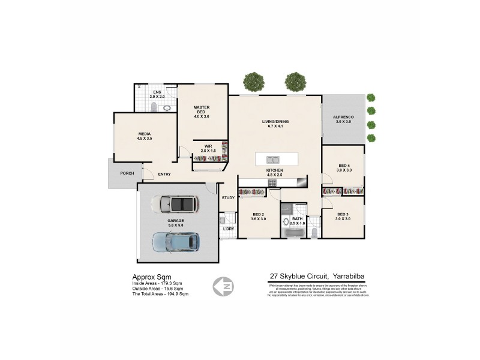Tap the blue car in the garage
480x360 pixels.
175,242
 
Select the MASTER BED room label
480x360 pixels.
201,108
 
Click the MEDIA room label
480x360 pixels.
144,134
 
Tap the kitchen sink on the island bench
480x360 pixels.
272,160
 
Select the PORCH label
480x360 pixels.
127,173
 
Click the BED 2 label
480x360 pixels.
259,214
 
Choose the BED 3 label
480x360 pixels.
343,214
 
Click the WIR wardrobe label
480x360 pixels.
208,146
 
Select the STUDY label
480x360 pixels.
228,197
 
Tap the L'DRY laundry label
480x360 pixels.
228,229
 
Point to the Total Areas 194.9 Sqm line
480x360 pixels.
160,294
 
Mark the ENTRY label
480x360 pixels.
164,175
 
